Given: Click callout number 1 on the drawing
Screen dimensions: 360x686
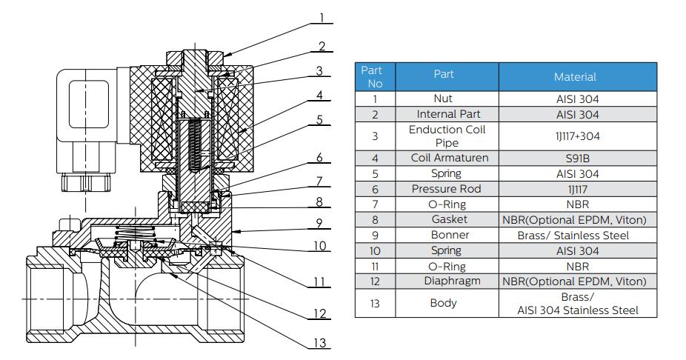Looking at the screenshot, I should (x=322, y=16).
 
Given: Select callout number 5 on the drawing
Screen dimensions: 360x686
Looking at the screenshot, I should (x=320, y=119).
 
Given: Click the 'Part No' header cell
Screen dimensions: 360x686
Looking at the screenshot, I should (x=375, y=76).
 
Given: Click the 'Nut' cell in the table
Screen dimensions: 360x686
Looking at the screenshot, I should (x=446, y=99).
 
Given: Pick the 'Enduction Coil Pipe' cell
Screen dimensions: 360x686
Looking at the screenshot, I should (x=446, y=136).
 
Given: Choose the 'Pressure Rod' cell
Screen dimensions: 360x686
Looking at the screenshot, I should (x=446, y=189).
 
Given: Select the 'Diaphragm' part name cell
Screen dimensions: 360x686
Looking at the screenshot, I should (x=446, y=281).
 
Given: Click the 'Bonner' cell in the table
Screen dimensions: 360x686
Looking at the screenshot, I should (x=446, y=235).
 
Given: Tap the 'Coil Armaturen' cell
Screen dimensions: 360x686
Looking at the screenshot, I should (x=446, y=158).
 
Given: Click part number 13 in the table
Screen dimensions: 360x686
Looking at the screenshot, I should (x=375, y=303).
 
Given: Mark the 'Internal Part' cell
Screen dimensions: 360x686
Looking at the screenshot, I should (x=446, y=114).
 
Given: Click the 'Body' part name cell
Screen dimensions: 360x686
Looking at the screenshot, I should (x=446, y=303).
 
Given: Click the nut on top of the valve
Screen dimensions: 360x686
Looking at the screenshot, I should (x=196, y=56).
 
